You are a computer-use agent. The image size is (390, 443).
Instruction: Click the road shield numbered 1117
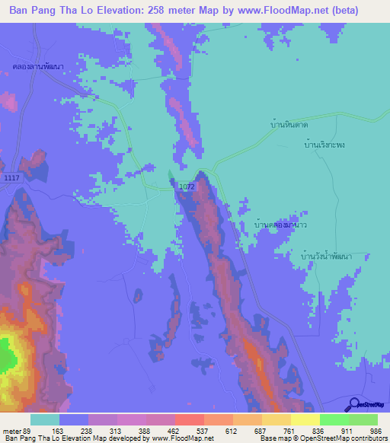click(x=11, y=177)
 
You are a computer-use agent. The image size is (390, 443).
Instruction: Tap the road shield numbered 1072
click(x=187, y=186)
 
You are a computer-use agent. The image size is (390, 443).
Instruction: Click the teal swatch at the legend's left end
click(x=45, y=419)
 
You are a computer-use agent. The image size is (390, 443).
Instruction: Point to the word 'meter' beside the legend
click(x=10, y=430)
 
